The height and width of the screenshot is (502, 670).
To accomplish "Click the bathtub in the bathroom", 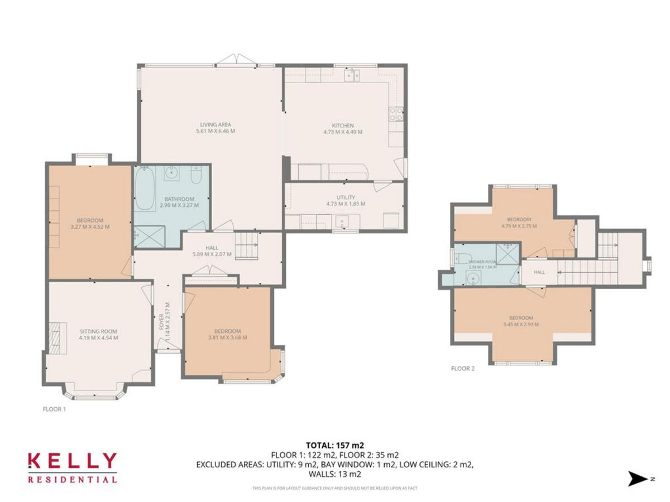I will pyautogui.click(x=145, y=189).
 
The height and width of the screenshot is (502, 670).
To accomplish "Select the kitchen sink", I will pyautogui.click(x=352, y=75).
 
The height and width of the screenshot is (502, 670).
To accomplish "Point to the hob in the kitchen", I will pyautogui.click(x=396, y=114).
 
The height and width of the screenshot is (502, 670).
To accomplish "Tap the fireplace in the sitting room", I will pyautogui.click(x=56, y=337).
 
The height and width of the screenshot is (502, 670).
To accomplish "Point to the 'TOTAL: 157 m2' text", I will pyautogui.click(x=335, y=445).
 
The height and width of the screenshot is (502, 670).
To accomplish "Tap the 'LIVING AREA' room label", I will pyautogui.click(x=216, y=124).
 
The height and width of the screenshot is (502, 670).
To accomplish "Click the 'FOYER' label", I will pyautogui.click(x=162, y=322).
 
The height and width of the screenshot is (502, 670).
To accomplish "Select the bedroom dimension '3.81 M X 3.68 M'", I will pyautogui.click(x=228, y=337).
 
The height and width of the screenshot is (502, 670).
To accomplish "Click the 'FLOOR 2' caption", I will pyautogui.click(x=463, y=368).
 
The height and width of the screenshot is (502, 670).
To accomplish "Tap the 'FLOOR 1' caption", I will pyautogui.click(x=54, y=409).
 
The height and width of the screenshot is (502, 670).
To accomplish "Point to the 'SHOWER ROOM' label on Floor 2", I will pyautogui.click(x=482, y=262).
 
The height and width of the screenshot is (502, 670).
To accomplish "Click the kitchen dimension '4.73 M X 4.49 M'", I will pyautogui.click(x=343, y=132).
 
